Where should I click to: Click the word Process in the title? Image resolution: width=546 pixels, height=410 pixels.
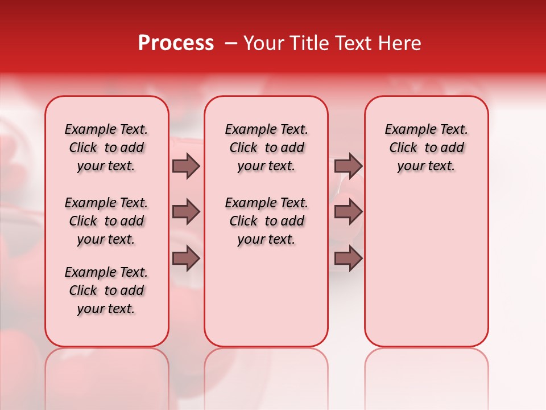176,43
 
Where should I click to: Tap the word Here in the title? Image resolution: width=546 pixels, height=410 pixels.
400,43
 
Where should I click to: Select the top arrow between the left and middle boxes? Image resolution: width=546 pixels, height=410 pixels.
186,166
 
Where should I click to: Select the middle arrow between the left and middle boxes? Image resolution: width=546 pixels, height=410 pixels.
186,212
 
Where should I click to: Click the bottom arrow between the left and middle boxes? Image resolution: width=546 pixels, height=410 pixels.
186,259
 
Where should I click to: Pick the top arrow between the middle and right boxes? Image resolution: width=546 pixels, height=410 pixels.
348,166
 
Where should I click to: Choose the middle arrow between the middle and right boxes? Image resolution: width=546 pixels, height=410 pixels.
348,212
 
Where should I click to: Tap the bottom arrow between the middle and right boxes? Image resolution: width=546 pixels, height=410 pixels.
348,259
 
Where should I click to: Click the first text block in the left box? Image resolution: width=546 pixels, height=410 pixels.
106,147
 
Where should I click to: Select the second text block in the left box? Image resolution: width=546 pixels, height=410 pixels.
106,221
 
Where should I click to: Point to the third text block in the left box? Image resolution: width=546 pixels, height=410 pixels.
106,290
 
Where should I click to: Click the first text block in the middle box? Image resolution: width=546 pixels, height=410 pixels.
266,147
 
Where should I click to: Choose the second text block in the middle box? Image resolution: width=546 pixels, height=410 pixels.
266,221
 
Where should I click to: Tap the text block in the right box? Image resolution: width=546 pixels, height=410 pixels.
427,147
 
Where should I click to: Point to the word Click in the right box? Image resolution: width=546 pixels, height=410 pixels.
403,148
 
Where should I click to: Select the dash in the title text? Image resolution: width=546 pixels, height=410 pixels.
231,43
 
